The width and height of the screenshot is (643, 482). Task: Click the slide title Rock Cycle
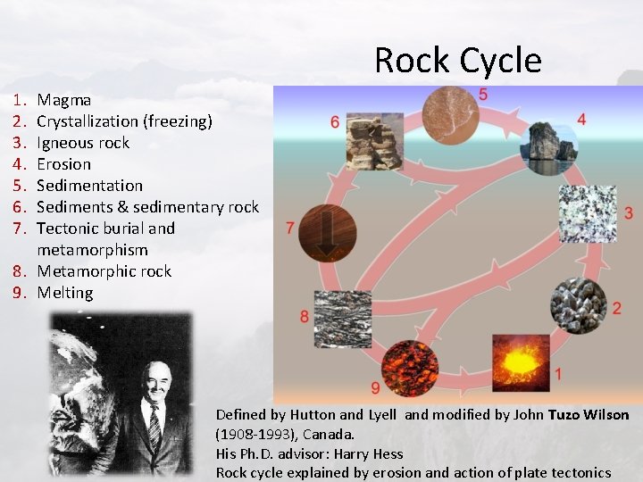tap(457, 60)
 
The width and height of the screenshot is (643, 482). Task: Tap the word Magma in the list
tap(63, 100)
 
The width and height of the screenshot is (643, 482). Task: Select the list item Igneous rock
tap(83, 143)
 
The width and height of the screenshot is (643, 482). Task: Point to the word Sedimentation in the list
tap(89, 186)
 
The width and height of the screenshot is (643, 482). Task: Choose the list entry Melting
tap(64, 293)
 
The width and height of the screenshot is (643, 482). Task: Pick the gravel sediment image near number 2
tap(578, 306)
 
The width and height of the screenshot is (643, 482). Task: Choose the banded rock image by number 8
tap(342, 318)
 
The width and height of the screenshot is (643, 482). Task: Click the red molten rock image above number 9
tap(409, 361)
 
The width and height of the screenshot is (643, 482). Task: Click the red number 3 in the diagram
tap(629, 212)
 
